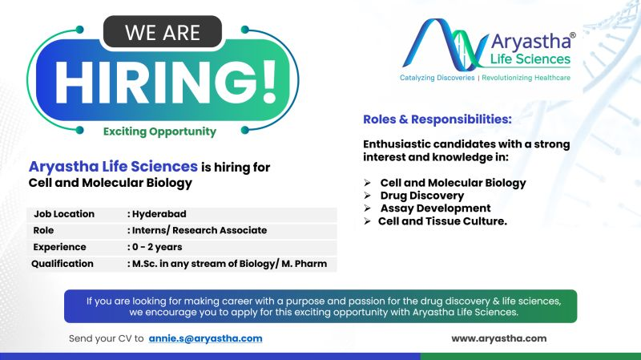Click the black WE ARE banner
161,34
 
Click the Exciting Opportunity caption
159,131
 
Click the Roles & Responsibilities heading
437,119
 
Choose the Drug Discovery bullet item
421,195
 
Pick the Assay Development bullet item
435,208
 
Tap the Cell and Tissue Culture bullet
442,220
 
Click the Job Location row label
64,214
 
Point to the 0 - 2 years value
157,247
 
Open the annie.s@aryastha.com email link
206,338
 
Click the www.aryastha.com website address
498,338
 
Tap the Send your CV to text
107,338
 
